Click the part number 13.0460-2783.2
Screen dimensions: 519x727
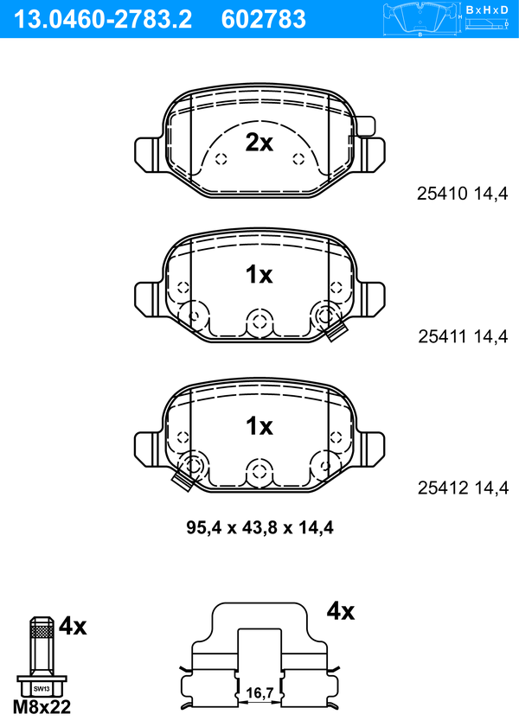click(x=103, y=20)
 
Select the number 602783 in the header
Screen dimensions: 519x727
click(x=264, y=20)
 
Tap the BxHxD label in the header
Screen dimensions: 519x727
click(x=486, y=10)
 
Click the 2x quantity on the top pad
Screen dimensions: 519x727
click(x=259, y=143)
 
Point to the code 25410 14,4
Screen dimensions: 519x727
click(x=463, y=194)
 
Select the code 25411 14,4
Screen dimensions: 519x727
click(x=463, y=336)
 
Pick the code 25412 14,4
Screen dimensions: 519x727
click(x=463, y=488)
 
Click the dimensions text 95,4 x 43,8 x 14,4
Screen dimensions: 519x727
click(x=259, y=527)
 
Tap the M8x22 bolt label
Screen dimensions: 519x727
click(x=42, y=707)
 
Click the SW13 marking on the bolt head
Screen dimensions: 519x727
click(x=42, y=688)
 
